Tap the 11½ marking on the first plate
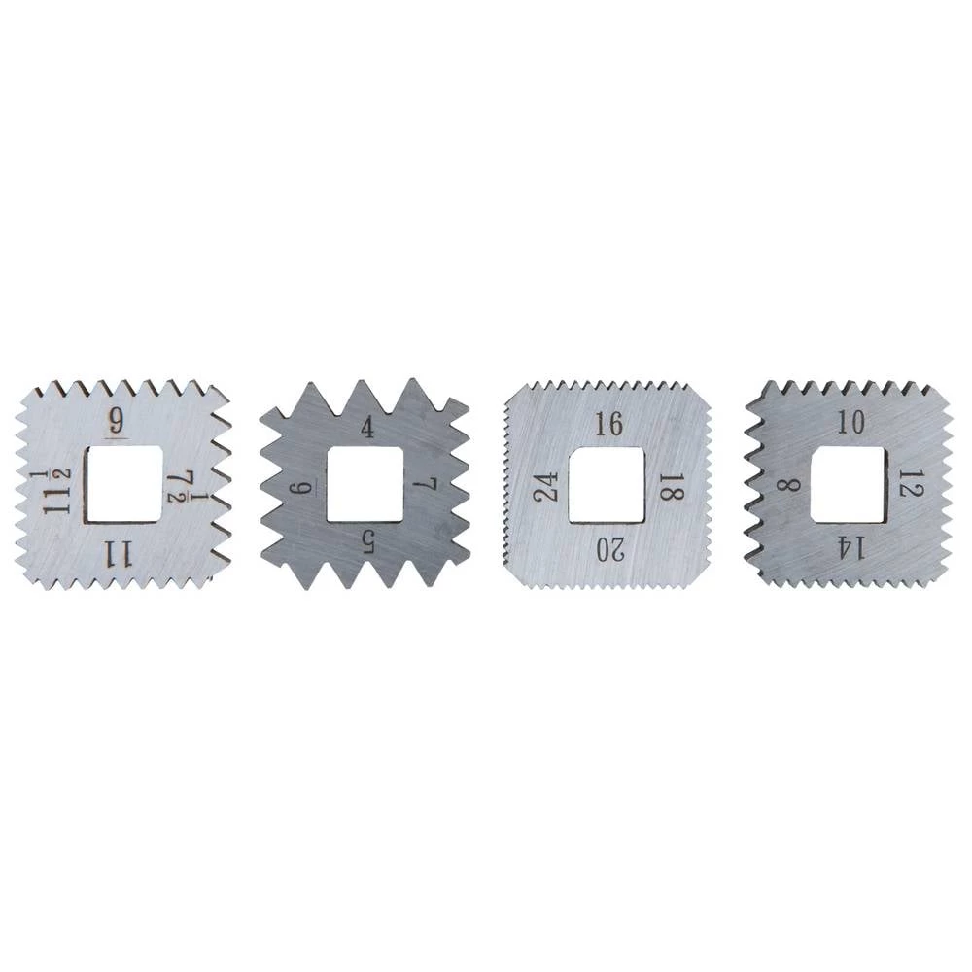57,492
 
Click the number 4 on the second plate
368,429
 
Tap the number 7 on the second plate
426,484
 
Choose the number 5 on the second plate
368,543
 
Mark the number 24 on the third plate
546,487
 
